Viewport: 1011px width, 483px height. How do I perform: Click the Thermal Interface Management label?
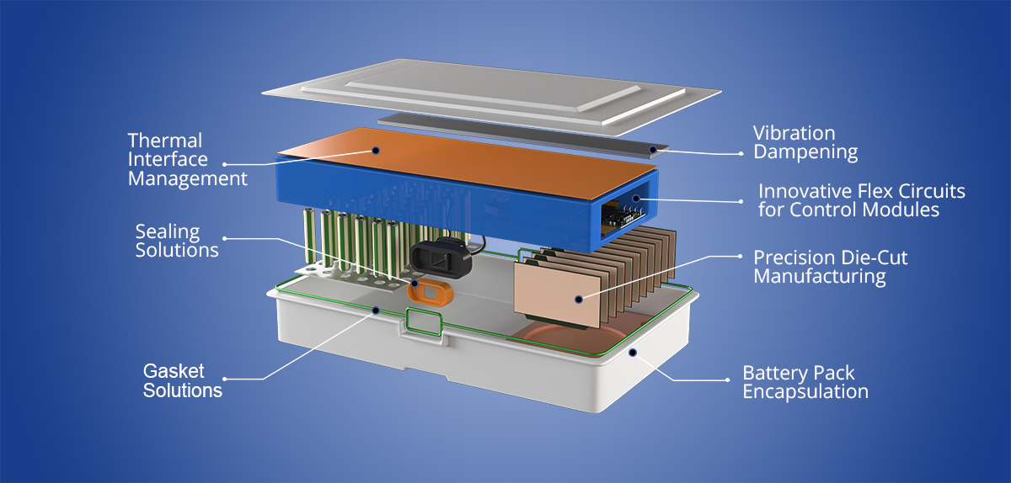[x=187, y=159]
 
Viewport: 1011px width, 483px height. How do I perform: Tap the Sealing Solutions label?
[x=177, y=241]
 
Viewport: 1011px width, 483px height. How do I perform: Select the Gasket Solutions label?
[x=182, y=381]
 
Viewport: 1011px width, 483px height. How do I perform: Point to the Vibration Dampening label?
[x=805, y=143]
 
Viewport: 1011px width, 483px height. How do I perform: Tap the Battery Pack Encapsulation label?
[x=805, y=382]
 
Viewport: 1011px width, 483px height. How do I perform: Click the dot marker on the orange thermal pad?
[x=376, y=152]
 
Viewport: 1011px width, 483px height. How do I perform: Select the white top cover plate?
[x=472, y=84]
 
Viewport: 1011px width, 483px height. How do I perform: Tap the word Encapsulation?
[x=805, y=391]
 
